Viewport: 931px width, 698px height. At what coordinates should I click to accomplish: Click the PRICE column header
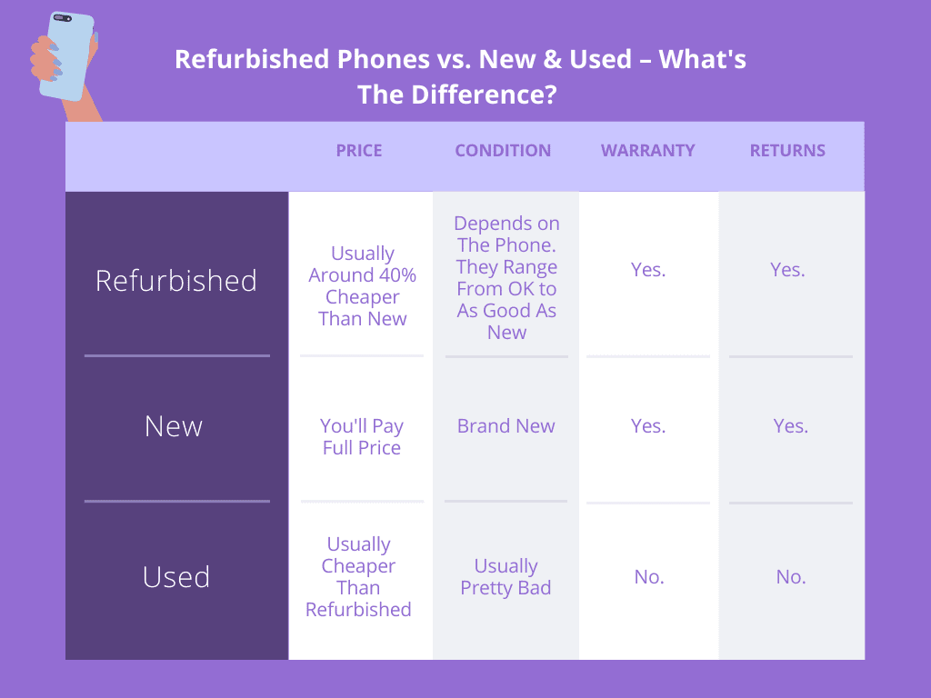pos(358,151)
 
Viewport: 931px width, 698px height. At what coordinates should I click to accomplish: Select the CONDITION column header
pos(503,151)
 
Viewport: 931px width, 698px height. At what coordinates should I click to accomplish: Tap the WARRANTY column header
pos(647,151)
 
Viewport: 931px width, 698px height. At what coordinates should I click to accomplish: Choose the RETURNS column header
pos(787,151)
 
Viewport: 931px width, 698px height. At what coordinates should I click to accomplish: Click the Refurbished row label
pos(176,280)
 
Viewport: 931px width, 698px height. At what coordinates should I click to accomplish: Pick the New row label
pos(174,426)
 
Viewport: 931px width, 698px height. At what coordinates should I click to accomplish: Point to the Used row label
pos(176,577)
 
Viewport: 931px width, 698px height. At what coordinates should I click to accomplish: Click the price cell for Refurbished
pos(362,286)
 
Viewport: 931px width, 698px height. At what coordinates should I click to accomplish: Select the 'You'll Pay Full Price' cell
pos(362,437)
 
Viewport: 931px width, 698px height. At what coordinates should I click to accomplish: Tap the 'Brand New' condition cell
pos(506,426)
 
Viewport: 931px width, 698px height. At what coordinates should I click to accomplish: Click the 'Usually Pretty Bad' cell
pos(506,577)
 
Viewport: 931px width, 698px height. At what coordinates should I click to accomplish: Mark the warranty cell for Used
pos(649,577)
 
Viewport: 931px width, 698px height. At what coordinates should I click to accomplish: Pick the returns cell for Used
pos(791,577)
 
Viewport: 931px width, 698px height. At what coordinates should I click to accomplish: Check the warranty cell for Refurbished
pos(647,270)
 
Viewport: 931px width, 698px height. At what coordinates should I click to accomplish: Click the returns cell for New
pos(790,426)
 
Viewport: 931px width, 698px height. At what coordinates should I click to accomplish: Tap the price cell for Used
pos(358,577)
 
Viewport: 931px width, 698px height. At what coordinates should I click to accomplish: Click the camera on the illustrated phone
pos(63,18)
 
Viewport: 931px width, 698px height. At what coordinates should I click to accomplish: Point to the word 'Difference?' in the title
pos(484,95)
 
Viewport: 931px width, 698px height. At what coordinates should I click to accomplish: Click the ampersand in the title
pos(552,59)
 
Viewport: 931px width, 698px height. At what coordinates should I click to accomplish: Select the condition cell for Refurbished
pos(506,278)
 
